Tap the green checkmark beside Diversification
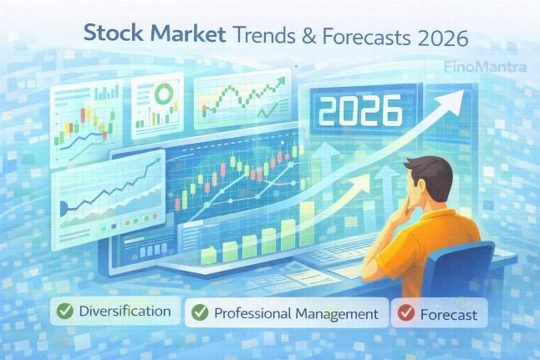click(63, 313)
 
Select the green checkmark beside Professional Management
click(200, 313)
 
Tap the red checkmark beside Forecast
click(406, 314)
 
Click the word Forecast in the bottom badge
click(450, 315)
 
